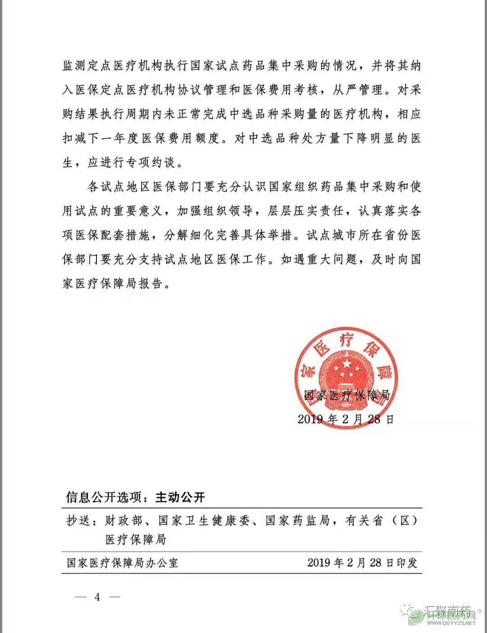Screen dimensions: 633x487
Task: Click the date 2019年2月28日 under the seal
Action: click(x=346, y=419)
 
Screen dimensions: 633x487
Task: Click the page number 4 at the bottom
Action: click(x=97, y=596)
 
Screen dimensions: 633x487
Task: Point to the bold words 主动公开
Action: click(x=180, y=497)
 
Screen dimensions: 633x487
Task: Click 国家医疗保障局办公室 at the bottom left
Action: click(x=123, y=563)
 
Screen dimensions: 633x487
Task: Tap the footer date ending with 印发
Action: click(x=363, y=563)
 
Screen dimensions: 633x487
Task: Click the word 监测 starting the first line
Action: click(x=75, y=66)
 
